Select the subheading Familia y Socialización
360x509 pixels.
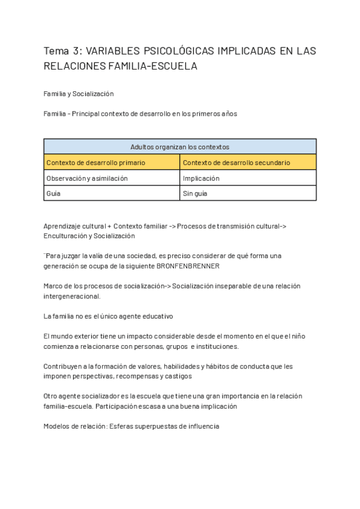click(79, 94)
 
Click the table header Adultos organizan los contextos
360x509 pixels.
click(180, 146)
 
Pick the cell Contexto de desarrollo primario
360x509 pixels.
click(95, 163)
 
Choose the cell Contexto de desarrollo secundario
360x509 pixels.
click(236, 163)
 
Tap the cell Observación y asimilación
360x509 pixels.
click(87, 178)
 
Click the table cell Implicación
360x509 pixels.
click(201, 178)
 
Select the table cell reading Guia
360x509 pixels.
click(53, 194)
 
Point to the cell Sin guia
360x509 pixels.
click(196, 194)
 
